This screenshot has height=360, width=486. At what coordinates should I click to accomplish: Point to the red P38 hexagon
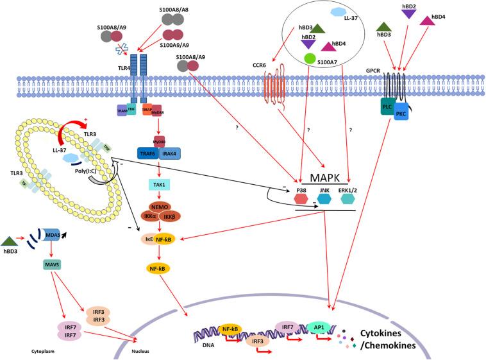[x=300, y=199]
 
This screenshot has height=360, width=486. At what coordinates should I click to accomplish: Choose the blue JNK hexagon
[x=324, y=199]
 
